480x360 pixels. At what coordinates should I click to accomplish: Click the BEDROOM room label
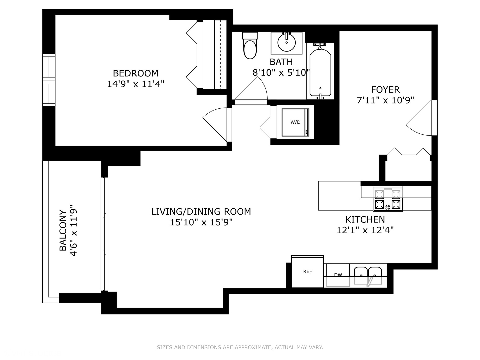click(x=135, y=73)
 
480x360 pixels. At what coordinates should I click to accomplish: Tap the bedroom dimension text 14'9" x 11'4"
click(x=135, y=84)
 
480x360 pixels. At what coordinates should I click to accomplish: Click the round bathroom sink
click(x=286, y=43)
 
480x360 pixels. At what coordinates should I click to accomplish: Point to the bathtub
click(x=320, y=72)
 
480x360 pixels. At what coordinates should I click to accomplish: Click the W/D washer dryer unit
click(x=295, y=122)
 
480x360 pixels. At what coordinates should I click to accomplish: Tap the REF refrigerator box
click(x=307, y=272)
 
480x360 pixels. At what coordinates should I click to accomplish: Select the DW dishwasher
click(x=338, y=275)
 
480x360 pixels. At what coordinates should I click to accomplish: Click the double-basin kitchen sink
click(x=368, y=275)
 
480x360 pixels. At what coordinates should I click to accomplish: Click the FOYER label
click(x=385, y=89)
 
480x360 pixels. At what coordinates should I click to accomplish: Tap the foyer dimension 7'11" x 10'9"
click(x=385, y=100)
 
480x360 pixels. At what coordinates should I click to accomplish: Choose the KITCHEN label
click(x=365, y=219)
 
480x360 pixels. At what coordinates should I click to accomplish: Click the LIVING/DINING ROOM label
click(x=201, y=211)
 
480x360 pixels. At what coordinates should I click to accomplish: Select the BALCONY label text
click(x=63, y=230)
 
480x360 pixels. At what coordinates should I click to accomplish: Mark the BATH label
click(x=281, y=62)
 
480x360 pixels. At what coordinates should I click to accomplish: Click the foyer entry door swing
click(x=421, y=120)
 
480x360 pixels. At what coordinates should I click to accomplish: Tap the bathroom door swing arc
click(x=252, y=90)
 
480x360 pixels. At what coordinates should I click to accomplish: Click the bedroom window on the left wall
click(x=49, y=80)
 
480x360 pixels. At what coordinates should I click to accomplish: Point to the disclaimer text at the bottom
click(x=240, y=347)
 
